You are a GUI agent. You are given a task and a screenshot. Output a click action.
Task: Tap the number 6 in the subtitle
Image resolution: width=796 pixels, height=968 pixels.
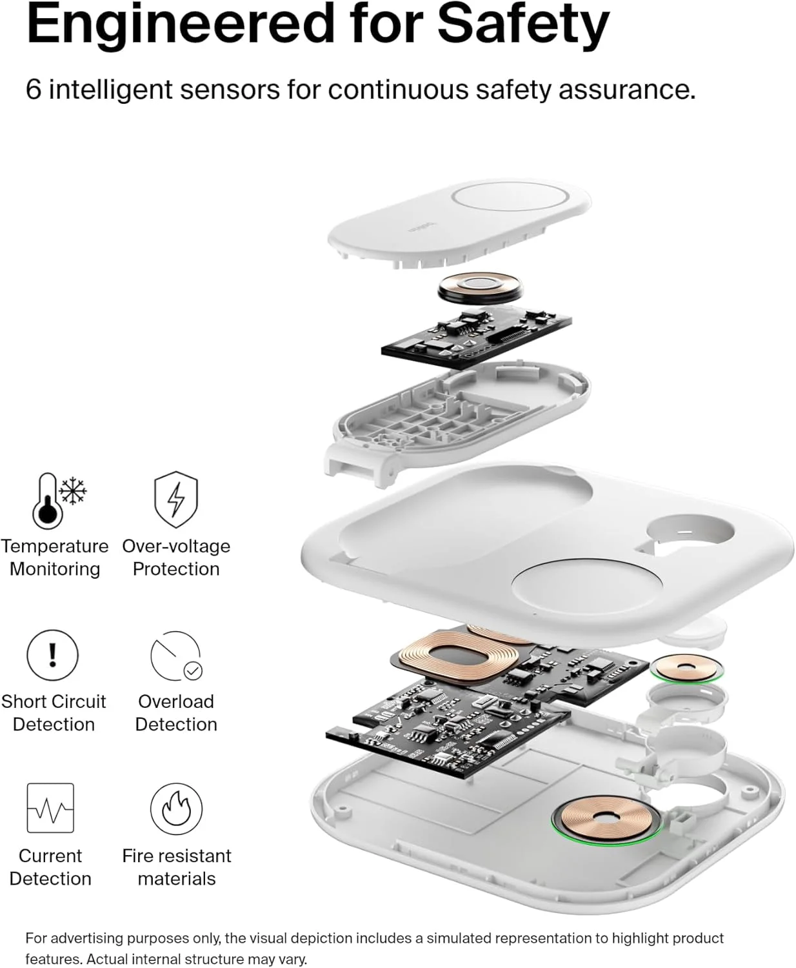(33, 89)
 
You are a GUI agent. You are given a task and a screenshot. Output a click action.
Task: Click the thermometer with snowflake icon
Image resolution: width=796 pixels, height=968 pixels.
(59, 501)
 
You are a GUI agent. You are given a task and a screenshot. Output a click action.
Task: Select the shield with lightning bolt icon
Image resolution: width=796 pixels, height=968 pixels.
(175, 499)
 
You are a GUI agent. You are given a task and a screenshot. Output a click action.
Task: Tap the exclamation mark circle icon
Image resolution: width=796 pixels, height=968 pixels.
(53, 655)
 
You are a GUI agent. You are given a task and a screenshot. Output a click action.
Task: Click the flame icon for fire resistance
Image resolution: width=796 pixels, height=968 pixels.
(176, 809)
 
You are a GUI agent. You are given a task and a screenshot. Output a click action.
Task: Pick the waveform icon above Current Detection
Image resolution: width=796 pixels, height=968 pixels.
(50, 808)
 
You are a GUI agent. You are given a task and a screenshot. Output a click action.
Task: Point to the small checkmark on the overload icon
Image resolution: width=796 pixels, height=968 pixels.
(193, 671)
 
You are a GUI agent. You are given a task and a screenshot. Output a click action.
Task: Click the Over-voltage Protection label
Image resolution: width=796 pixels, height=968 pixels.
(176, 557)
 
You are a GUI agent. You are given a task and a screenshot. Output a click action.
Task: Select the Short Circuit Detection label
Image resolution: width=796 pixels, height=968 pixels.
(54, 713)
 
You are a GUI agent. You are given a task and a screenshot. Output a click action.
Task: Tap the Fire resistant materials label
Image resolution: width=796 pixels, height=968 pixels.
(177, 867)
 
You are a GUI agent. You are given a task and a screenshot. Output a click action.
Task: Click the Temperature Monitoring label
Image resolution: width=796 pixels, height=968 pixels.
(55, 557)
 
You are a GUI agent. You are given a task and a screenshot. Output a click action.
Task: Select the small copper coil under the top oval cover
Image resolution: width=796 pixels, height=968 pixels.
(481, 288)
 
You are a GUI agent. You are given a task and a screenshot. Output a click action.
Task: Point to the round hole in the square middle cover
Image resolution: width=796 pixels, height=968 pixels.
(690, 532)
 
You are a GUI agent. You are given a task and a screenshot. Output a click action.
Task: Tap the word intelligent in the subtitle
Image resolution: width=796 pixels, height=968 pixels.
(111, 89)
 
